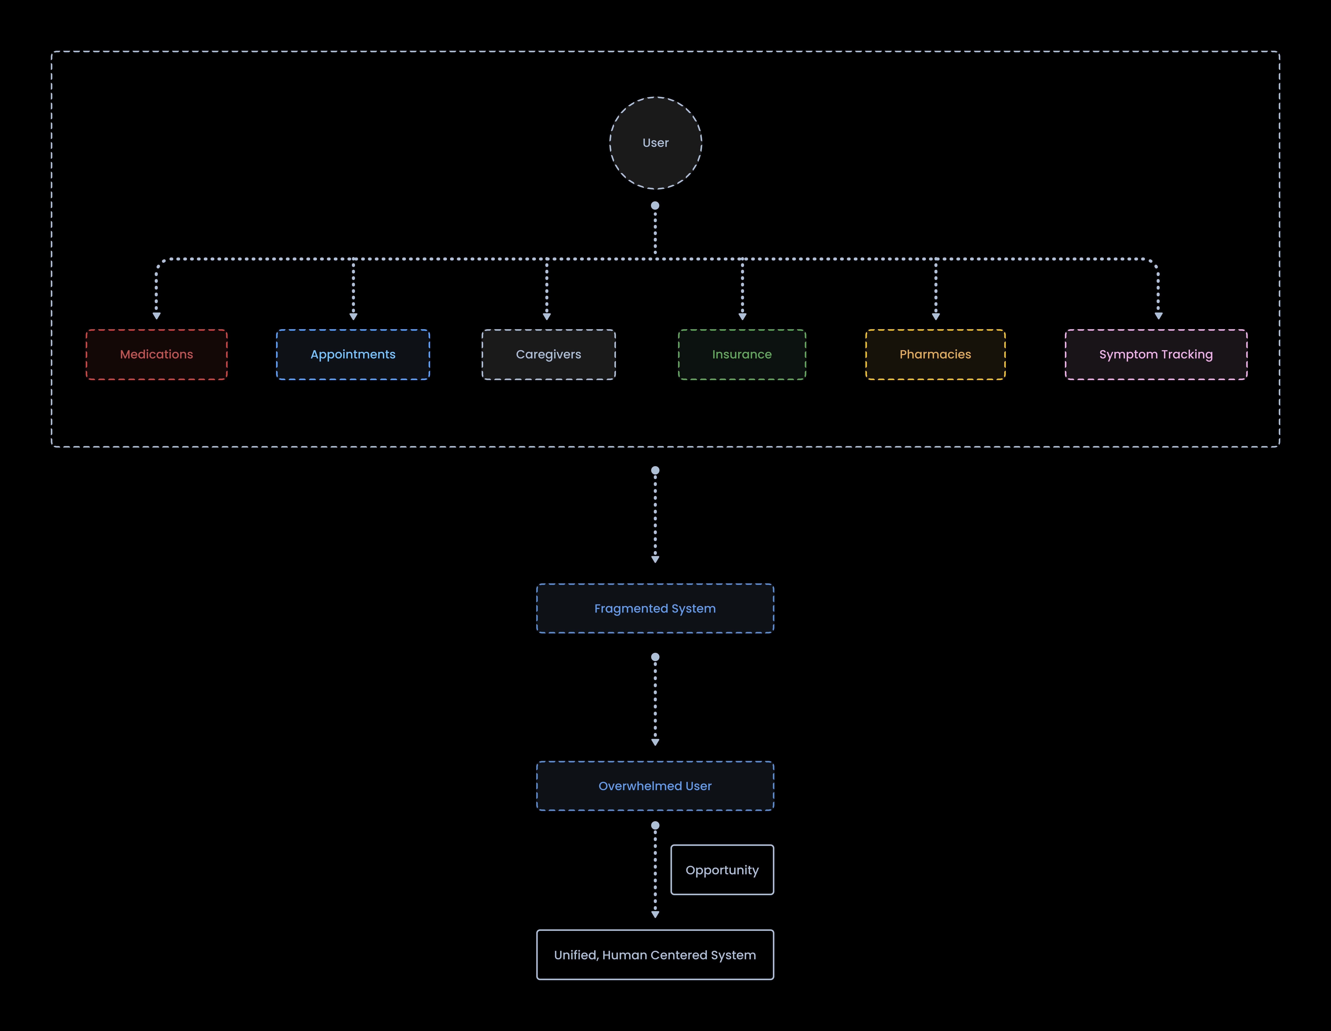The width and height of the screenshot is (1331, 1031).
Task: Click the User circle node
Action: pyautogui.click(x=655, y=143)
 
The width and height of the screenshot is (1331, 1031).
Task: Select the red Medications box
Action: pyautogui.click(x=157, y=354)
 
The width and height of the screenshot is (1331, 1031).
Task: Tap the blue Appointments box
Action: pyautogui.click(x=353, y=354)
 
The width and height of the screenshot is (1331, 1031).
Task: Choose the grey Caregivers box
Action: pyautogui.click(x=548, y=354)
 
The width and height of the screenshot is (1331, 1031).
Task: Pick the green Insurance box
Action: pyautogui.click(x=742, y=354)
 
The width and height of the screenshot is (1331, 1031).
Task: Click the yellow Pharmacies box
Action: pyautogui.click(x=935, y=354)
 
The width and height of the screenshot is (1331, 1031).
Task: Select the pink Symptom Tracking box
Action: pyautogui.click(x=1156, y=354)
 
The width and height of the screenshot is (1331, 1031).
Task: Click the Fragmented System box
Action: pyautogui.click(x=655, y=609)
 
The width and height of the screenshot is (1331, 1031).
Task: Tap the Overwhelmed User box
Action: pyautogui.click(x=655, y=786)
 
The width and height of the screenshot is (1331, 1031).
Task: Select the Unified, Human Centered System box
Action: pyautogui.click(x=655, y=955)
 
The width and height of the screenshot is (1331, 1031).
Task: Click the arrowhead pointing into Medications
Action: pyautogui.click(x=157, y=316)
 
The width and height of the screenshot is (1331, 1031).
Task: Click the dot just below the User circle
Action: pyautogui.click(x=655, y=205)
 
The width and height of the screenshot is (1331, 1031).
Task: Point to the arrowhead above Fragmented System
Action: pyautogui.click(x=655, y=559)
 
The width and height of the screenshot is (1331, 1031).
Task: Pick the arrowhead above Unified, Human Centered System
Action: pyautogui.click(x=655, y=914)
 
